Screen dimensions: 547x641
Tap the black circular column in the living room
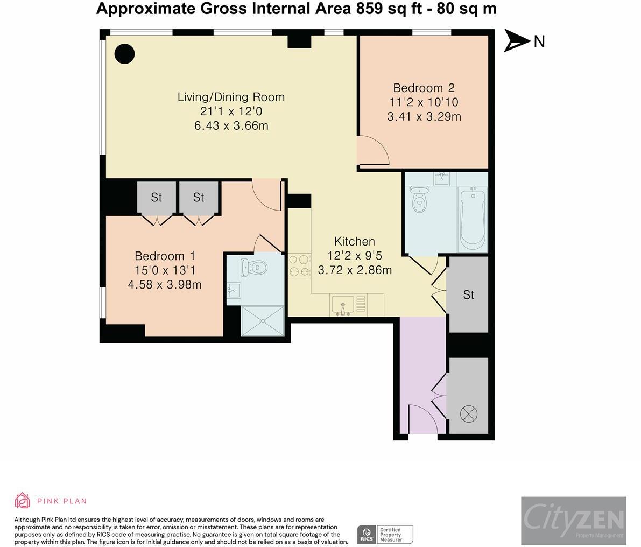(124, 53)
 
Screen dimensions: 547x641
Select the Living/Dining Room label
(231, 97)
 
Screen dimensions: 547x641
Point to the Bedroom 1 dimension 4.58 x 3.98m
(165, 284)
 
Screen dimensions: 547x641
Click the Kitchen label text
(354, 241)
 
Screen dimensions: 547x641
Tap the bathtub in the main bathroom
(473, 219)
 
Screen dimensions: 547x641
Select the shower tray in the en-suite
(263, 321)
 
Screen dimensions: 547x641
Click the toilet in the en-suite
(254, 267)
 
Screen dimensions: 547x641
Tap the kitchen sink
(342, 305)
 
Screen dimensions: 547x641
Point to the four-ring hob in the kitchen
(300, 265)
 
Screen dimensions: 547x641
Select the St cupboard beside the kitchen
(468, 295)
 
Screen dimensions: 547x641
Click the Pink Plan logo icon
(23, 500)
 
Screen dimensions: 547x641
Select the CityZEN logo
(573, 521)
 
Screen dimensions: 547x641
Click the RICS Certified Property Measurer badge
(385, 534)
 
